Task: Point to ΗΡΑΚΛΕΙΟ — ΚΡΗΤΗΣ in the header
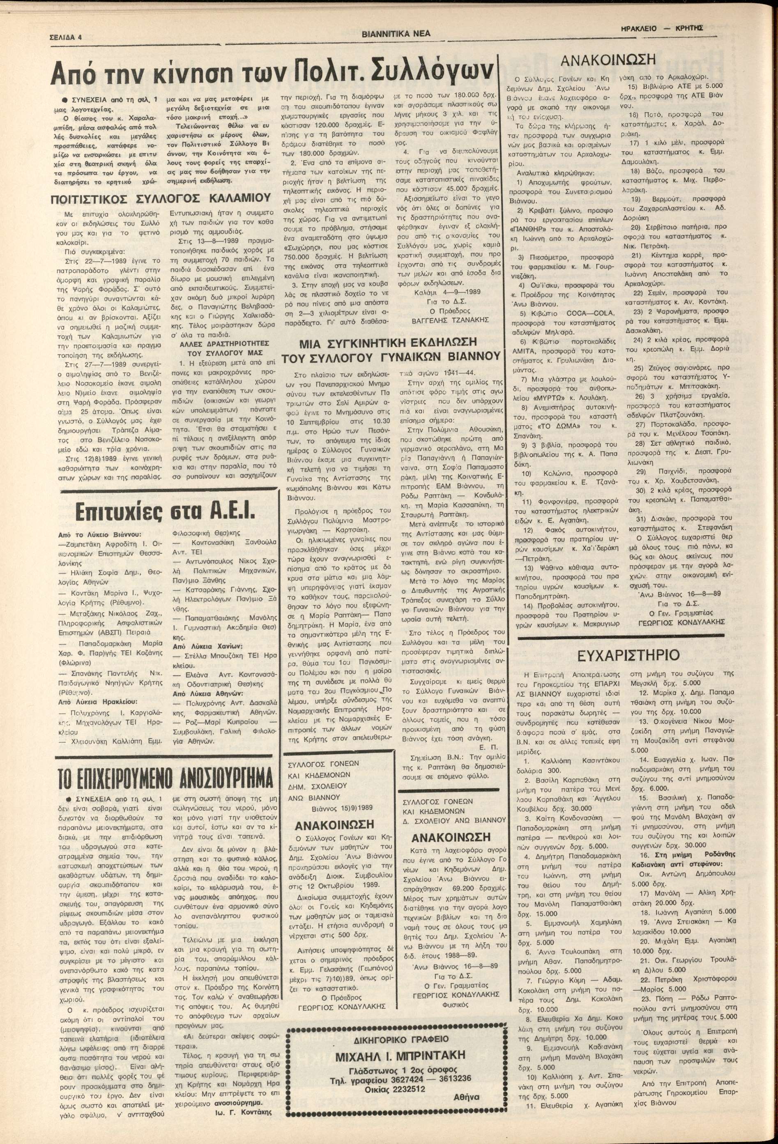[x=662, y=29]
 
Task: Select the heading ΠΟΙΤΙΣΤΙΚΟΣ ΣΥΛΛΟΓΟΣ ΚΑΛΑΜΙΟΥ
[x=161, y=199]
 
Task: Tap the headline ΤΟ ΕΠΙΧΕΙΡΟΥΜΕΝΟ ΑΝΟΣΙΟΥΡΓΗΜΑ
[x=165, y=780]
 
